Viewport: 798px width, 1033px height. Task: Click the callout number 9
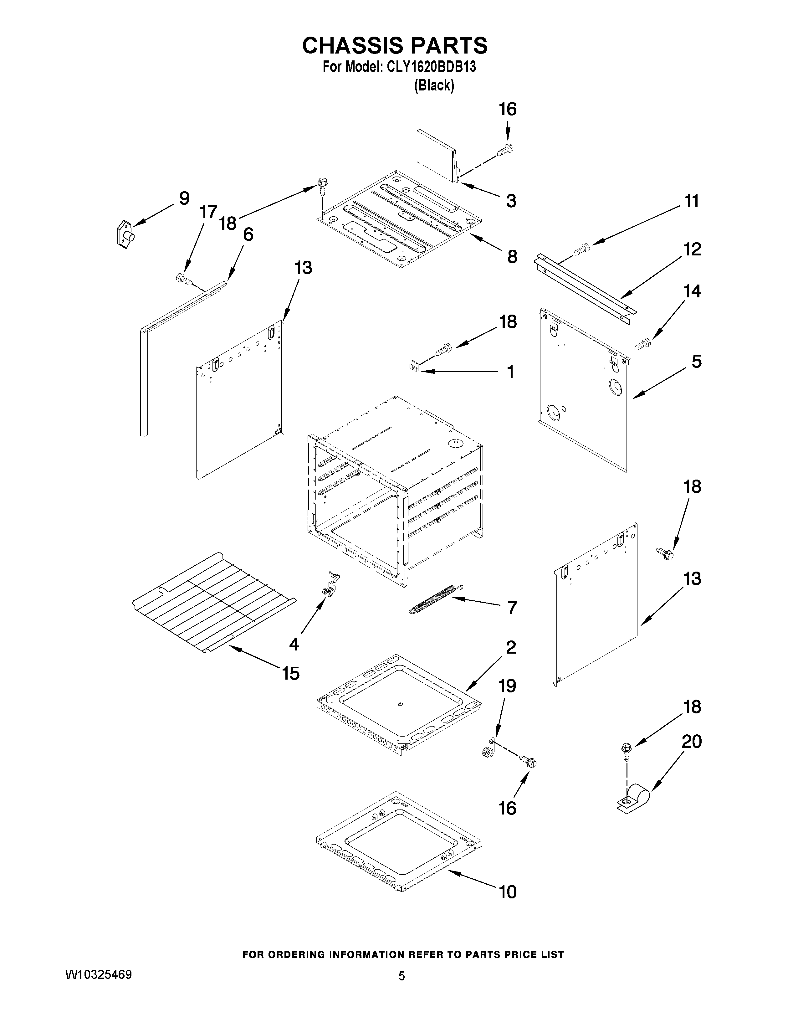point(184,198)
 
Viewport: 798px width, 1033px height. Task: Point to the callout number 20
point(691,741)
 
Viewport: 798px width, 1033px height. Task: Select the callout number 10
point(508,892)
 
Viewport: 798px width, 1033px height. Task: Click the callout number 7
point(512,607)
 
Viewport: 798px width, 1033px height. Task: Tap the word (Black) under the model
point(433,85)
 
